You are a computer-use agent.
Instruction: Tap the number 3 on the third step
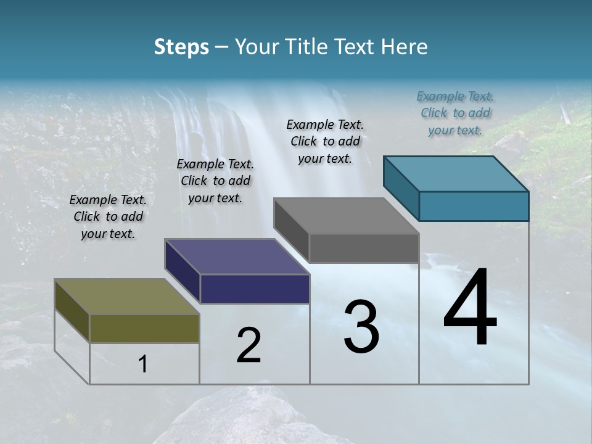point(361,327)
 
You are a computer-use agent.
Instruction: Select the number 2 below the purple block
point(249,345)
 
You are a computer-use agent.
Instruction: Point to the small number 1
point(143,364)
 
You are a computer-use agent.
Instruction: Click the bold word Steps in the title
point(181,47)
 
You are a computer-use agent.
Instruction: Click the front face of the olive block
point(144,328)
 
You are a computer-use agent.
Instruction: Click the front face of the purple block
point(255,289)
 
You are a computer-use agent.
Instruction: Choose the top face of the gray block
point(346,216)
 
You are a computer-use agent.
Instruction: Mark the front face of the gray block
point(364,248)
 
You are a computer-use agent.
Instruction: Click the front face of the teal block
point(474,206)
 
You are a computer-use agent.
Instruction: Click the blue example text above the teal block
point(455,113)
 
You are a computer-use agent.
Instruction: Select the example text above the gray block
point(325,141)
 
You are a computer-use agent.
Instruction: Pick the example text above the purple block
point(215,181)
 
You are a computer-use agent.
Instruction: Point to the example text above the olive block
point(108,216)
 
